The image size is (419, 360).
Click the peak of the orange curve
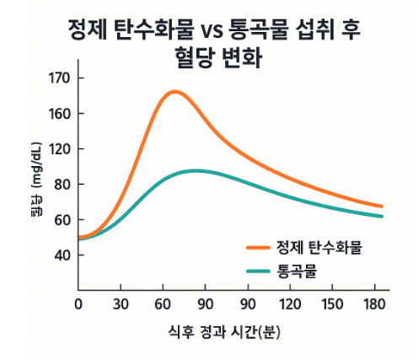(175, 92)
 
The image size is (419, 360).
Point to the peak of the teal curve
(196, 170)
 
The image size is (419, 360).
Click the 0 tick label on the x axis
(78, 303)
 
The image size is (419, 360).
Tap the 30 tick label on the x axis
(121, 303)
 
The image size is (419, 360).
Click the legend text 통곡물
(296, 271)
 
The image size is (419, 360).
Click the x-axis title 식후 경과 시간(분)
(220, 331)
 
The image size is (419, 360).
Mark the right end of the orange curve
(382, 207)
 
